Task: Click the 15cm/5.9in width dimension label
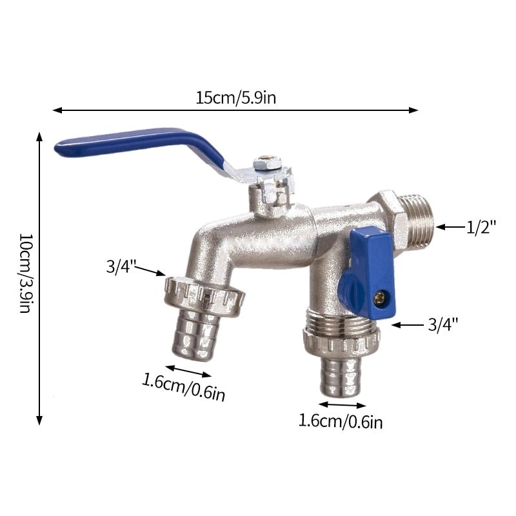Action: (235, 98)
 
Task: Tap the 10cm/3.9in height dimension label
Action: (26, 273)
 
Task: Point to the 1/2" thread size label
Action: (481, 227)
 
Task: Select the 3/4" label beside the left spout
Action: (121, 266)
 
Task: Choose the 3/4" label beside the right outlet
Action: (443, 325)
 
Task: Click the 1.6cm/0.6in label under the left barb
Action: (184, 387)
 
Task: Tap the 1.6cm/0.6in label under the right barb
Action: (341, 421)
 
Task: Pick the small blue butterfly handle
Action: (368, 273)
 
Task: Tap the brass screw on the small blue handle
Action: (381, 297)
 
